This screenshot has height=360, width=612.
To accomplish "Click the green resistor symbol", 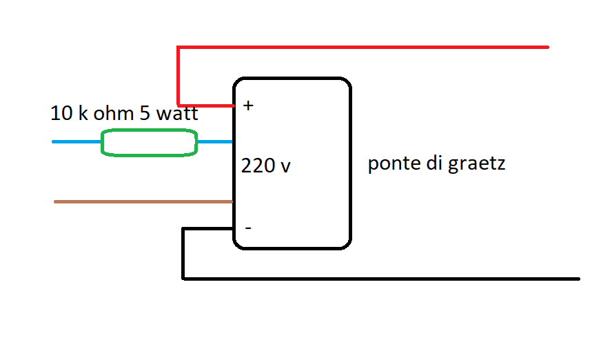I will [x=149, y=143].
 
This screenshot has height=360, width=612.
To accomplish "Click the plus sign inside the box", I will [x=248, y=106].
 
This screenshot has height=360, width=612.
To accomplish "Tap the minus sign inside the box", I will [x=248, y=227].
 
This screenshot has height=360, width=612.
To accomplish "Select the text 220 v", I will [x=265, y=166].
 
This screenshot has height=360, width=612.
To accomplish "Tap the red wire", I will [x=358, y=47].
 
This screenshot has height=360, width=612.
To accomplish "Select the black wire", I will [x=379, y=279].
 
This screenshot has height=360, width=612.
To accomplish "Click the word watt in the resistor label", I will [x=176, y=113].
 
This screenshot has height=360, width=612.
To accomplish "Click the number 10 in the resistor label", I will [x=61, y=113].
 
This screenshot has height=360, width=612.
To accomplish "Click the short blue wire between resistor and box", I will [x=214, y=142].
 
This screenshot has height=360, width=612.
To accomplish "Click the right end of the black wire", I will [x=577, y=279].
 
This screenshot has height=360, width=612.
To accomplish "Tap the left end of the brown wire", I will [x=57, y=201].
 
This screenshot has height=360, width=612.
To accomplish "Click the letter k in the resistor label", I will [x=83, y=113].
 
